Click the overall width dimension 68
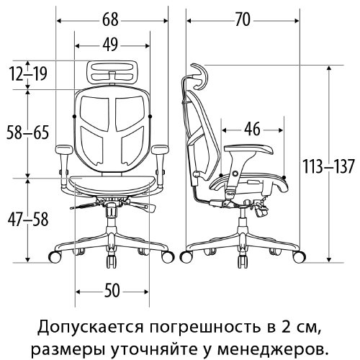[110, 19]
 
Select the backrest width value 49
[110, 45]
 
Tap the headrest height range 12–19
[28, 73]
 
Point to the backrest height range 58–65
[27, 132]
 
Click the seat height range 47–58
[28, 220]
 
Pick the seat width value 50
[112, 291]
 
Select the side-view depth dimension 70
[243, 19]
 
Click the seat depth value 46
[252, 129]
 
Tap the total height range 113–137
[328, 166]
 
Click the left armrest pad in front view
[64, 149]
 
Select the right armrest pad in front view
[160, 149]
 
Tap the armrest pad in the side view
[248, 150]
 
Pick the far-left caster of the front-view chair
[55, 256]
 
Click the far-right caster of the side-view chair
[300, 256]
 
